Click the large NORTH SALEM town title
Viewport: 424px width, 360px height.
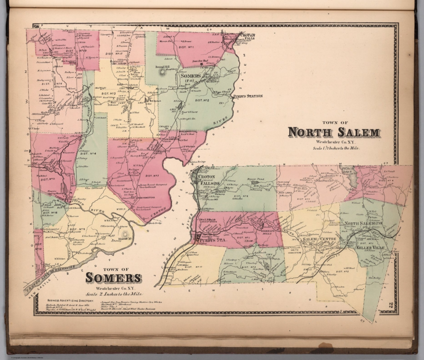pyautogui.click(x=333, y=133)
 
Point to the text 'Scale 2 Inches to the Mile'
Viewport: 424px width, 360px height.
pyautogui.click(x=114, y=294)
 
